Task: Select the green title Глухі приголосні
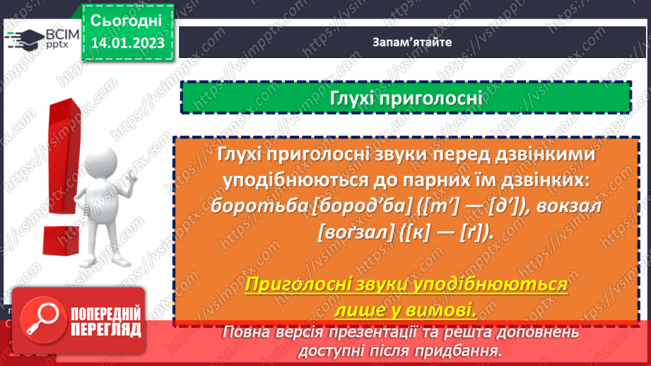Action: tap(406, 98)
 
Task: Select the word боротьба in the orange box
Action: tap(250, 204)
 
